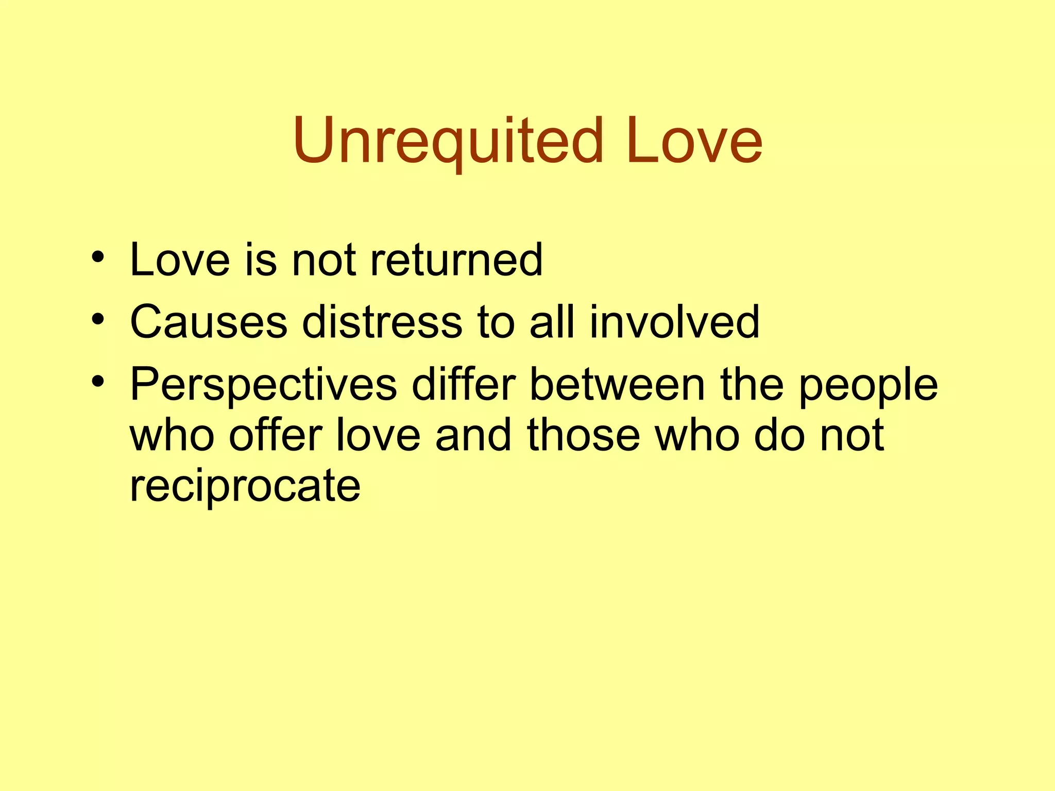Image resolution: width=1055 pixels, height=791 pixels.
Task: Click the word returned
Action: [x=456, y=260]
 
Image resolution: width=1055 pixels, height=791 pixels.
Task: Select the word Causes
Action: [x=209, y=322]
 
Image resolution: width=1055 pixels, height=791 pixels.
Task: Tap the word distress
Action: [x=382, y=322]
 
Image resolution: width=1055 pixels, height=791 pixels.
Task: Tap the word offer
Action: [x=276, y=435]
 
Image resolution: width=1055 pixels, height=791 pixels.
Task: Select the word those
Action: [x=583, y=435]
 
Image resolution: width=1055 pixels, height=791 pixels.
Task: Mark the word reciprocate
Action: [x=245, y=487]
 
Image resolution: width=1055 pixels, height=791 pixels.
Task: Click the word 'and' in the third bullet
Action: [x=473, y=435]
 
